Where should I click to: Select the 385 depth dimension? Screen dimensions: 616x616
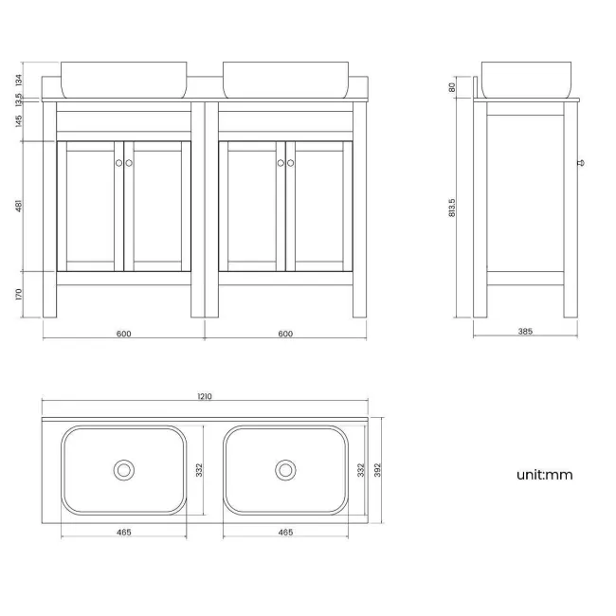[526, 332]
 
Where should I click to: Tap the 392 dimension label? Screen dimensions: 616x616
[377, 469]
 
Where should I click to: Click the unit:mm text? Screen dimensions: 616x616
[544, 475]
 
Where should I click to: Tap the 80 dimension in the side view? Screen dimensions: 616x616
[452, 87]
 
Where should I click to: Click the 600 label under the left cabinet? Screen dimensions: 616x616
[123, 333]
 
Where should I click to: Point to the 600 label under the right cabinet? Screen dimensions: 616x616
[285, 333]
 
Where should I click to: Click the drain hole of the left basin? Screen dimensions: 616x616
[122, 469]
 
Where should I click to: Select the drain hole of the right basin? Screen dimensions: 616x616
[284, 469]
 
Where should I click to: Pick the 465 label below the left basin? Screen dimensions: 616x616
[123, 532]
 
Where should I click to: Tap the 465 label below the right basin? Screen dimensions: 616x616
[285, 532]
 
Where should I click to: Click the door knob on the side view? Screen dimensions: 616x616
[582, 162]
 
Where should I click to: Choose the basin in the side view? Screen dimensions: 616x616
[526, 79]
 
